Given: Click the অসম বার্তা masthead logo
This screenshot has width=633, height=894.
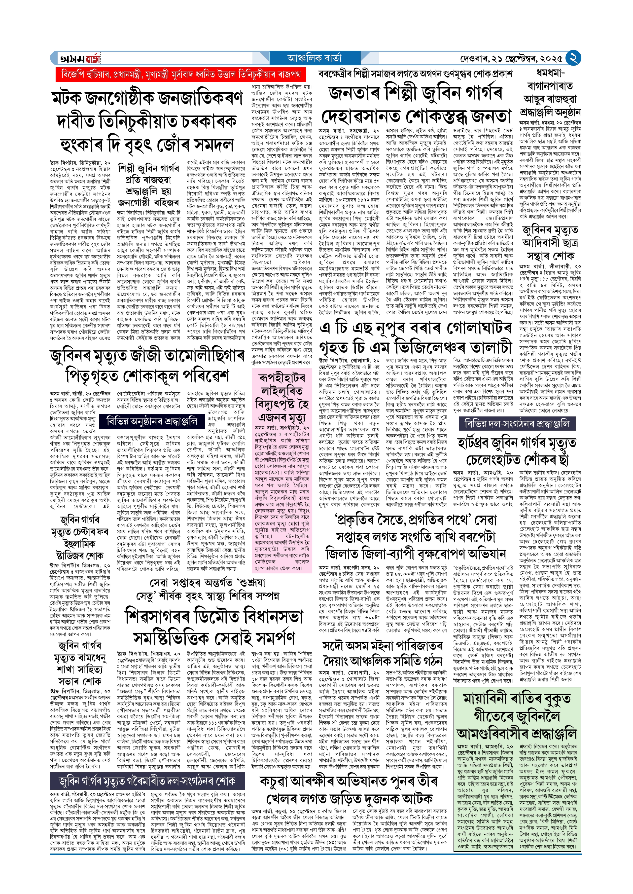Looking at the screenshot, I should (79, 58).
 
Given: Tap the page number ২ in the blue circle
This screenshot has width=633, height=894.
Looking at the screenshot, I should (573, 58).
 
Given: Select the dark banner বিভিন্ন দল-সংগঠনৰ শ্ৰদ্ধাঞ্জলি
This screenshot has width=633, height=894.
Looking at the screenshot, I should (517, 424).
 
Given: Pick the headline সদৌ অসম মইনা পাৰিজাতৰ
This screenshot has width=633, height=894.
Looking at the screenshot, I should (382, 646).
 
